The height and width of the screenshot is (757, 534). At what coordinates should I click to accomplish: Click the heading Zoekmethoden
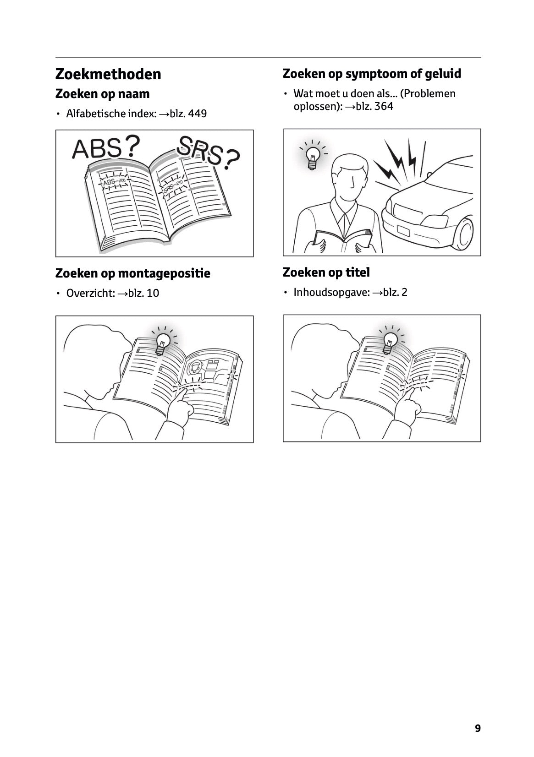point(108,74)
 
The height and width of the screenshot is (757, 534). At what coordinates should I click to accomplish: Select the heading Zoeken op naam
point(102,94)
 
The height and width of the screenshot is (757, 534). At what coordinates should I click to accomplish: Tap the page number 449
point(197,113)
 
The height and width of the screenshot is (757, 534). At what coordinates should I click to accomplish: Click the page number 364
point(384,106)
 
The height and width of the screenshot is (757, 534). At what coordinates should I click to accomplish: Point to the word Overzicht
point(90,293)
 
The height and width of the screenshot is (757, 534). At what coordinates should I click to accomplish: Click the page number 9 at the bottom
point(478,728)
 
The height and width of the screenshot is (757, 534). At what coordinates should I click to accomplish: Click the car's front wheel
point(463,234)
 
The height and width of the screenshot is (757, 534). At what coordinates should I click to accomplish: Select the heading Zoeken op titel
point(326,272)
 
